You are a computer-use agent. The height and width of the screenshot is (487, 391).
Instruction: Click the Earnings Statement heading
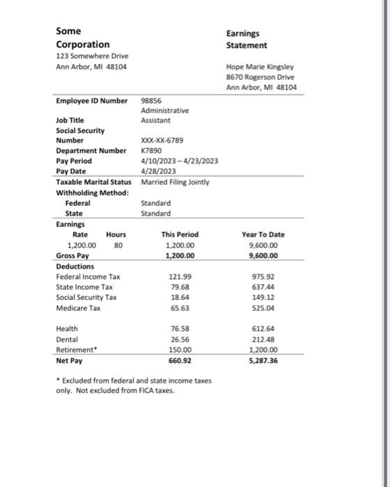tap(246, 39)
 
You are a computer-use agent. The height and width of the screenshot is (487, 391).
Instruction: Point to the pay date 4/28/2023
tap(158, 170)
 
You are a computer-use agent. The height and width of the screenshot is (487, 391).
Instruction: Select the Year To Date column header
tap(263, 235)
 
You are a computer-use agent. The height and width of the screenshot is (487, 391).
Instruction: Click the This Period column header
tap(180, 235)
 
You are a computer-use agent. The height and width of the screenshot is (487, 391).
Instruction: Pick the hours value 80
tap(118, 246)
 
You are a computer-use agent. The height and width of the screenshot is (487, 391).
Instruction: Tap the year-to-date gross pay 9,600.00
tap(263, 255)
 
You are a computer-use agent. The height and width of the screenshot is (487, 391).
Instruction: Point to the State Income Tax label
tap(84, 287)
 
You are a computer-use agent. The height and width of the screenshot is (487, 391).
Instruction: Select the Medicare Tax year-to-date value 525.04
tap(263, 308)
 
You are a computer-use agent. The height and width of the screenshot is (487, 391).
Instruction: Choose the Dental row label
tap(67, 340)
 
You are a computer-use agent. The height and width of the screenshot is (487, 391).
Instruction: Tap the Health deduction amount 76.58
tap(181, 328)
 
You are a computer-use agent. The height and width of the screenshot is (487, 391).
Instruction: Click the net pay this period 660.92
tap(180, 361)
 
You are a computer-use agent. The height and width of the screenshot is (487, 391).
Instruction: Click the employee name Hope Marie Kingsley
tap(261, 67)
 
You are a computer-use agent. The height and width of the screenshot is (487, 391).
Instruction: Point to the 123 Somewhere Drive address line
tap(92, 56)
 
